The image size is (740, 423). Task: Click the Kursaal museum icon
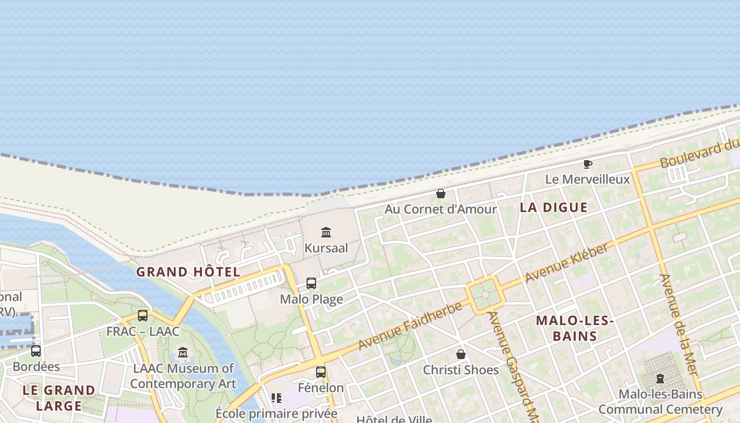point(326,232)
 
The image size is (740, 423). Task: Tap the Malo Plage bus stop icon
point(311,283)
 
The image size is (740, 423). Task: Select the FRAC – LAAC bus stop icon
point(143,316)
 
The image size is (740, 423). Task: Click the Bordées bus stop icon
point(36,351)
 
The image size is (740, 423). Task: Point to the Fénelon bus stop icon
point(321,372)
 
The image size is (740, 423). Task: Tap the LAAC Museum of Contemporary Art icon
point(183,352)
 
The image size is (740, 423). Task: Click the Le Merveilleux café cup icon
point(587,164)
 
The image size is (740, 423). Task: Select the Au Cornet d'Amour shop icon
point(441,194)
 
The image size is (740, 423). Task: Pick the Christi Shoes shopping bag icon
point(461,354)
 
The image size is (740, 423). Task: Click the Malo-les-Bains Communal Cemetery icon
point(660,379)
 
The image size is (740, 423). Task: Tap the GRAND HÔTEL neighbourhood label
point(188,272)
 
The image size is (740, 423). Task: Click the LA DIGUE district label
point(553,207)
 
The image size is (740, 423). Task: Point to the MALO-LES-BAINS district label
point(574,328)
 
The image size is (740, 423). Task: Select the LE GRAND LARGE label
point(59,398)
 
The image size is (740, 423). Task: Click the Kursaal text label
point(326,248)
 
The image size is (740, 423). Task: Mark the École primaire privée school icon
point(276,398)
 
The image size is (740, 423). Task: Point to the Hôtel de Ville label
point(394,419)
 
